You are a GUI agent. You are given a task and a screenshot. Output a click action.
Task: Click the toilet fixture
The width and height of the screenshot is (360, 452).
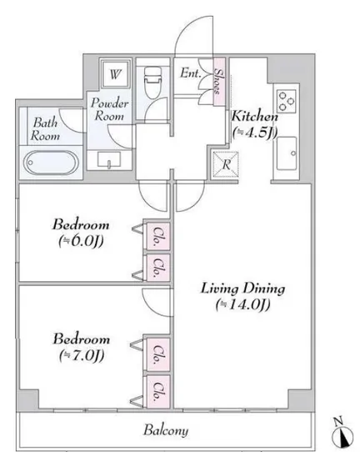point(152,83)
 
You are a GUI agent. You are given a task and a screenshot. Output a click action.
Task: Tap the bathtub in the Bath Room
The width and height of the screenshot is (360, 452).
point(51,163)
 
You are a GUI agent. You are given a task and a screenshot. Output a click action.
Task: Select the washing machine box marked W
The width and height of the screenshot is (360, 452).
point(115,74)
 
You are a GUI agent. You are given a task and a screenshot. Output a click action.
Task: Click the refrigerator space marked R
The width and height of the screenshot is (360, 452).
point(226,164)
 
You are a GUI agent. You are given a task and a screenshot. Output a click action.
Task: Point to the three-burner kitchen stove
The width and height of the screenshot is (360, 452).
point(287,101)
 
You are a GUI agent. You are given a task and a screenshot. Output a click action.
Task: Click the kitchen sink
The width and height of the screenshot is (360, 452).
point(287,153)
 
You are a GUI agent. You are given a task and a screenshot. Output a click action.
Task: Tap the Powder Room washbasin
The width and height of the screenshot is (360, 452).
point(109,159)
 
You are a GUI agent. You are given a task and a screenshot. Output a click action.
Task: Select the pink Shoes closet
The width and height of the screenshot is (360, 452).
point(219,82)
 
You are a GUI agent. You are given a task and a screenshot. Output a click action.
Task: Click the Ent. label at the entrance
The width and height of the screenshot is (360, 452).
point(190,73)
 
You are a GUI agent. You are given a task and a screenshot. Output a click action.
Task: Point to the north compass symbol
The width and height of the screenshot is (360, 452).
point(342,432)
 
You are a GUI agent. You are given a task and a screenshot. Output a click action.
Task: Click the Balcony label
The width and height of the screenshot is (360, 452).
point(166,430)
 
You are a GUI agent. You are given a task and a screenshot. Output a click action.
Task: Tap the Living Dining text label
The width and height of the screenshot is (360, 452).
point(242,289)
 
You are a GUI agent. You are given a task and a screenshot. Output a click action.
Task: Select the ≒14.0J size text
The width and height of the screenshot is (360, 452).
point(242,305)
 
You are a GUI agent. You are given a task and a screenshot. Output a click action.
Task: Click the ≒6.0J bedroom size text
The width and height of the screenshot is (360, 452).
point(81,241)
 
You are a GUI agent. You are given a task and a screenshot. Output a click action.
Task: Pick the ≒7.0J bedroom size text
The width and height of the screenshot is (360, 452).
point(82,356)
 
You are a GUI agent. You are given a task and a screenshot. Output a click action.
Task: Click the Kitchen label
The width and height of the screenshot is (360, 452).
point(255,116)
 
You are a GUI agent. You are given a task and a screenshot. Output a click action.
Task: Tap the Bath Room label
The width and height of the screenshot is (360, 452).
point(45,129)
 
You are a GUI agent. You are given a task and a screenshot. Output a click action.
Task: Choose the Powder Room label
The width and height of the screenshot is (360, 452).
point(109,109)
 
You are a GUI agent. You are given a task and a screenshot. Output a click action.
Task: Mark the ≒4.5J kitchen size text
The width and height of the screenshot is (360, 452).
point(255,133)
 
